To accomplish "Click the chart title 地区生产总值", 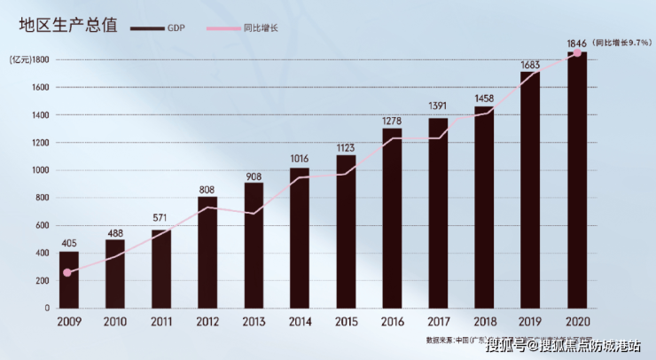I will point(65,27).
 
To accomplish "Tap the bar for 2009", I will point(69,279).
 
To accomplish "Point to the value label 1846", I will point(578,42).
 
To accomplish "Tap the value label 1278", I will point(392,120).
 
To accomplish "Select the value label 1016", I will point(300,159).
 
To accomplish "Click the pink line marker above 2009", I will point(67,272).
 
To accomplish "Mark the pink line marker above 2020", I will point(577,53).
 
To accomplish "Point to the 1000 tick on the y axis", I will point(41,170).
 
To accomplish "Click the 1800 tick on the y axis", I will point(41,59).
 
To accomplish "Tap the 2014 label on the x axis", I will point(300,323).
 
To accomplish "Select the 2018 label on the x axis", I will point(484,323).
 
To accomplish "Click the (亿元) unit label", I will point(20,59).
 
